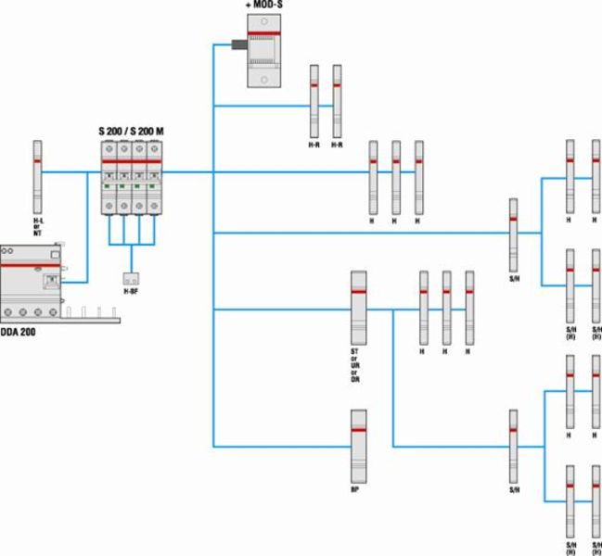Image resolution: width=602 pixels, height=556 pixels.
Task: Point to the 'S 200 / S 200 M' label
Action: [131, 133]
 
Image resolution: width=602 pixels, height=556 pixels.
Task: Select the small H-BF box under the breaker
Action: [131, 278]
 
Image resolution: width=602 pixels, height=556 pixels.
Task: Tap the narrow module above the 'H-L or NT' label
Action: [38, 175]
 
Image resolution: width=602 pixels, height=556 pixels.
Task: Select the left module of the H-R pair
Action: [314, 100]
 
